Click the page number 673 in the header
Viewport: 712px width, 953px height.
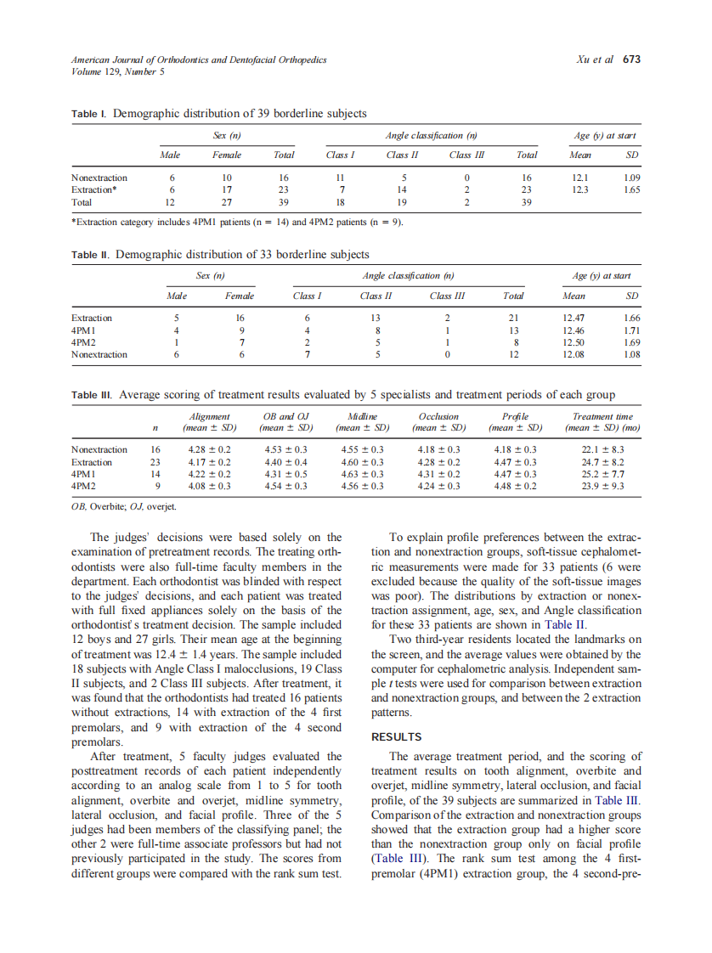click(631, 60)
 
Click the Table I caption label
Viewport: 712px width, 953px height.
click(90, 113)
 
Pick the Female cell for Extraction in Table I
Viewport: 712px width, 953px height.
click(227, 190)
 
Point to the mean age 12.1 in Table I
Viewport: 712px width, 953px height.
click(580, 178)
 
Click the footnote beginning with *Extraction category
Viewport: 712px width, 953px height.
click(237, 223)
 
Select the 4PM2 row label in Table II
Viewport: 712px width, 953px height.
click(84, 342)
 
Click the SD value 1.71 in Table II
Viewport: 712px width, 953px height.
click(631, 330)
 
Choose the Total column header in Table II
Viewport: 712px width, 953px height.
click(513, 296)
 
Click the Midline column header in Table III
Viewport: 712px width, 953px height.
click(362, 416)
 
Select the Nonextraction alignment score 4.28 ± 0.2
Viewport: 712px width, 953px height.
click(209, 449)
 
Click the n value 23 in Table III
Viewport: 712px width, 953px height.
click(155, 461)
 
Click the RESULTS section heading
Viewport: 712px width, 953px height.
click(397, 737)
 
